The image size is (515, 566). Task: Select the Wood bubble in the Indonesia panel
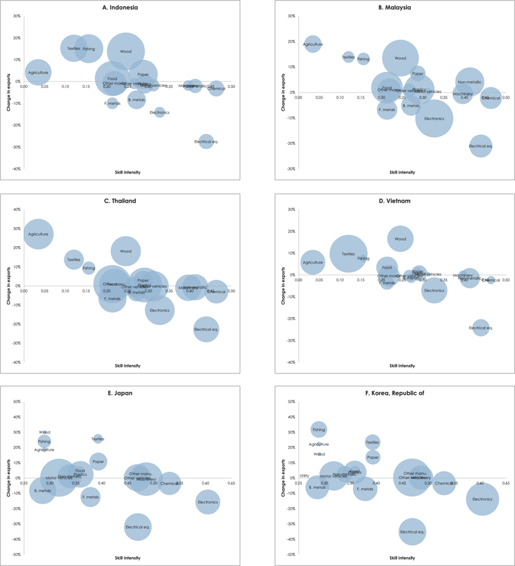pos(126,51)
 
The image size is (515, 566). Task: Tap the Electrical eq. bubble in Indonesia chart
pos(206,142)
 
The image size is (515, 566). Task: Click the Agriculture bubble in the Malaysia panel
pos(313,44)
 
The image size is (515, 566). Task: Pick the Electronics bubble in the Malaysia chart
pos(434,118)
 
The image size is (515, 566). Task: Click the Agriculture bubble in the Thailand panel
pos(38,234)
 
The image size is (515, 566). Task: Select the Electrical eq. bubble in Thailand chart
pos(206,329)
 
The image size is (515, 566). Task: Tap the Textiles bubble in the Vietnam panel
pos(349,254)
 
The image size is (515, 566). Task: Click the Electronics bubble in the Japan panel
pos(207,502)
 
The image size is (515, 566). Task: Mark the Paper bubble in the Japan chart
pos(99,461)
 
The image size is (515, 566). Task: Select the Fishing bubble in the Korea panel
pos(319,430)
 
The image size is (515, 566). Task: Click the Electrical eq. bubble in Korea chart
pos(412,531)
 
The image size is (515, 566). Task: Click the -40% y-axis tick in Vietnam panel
pos(292,363)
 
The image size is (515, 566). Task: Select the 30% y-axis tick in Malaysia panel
pos(292,16)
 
